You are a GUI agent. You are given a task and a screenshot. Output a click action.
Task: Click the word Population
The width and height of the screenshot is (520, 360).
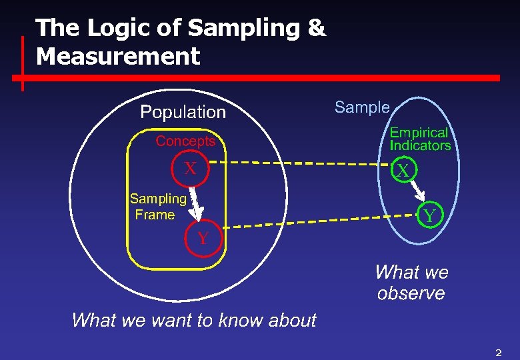click(x=183, y=112)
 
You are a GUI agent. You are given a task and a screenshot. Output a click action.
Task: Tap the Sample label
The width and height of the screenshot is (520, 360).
click(x=362, y=107)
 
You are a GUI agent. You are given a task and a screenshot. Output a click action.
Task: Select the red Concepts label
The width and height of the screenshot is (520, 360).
click(x=185, y=141)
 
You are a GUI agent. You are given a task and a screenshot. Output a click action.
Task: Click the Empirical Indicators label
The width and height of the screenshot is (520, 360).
click(x=420, y=139)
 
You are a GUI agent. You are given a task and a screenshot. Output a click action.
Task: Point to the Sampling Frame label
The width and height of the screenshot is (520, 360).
click(x=157, y=207)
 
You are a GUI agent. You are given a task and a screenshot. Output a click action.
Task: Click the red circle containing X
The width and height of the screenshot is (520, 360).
click(x=191, y=169)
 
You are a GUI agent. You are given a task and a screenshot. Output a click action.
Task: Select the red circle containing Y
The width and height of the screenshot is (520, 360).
click(x=203, y=238)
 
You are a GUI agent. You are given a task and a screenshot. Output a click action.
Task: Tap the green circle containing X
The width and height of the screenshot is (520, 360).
click(x=403, y=171)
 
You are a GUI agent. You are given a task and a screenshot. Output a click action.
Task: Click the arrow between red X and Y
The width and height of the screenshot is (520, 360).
click(x=195, y=203)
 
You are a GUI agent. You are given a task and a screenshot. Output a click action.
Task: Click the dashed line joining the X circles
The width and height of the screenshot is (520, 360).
click(x=300, y=163)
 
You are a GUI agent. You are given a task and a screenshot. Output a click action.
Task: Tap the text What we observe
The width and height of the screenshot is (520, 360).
click(x=411, y=283)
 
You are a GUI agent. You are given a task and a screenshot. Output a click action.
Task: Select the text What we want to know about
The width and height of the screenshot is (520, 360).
click(x=193, y=320)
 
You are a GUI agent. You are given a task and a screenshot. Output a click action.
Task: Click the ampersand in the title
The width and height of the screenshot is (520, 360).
click(x=317, y=28)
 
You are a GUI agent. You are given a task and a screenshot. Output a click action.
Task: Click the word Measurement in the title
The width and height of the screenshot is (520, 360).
click(x=118, y=56)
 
